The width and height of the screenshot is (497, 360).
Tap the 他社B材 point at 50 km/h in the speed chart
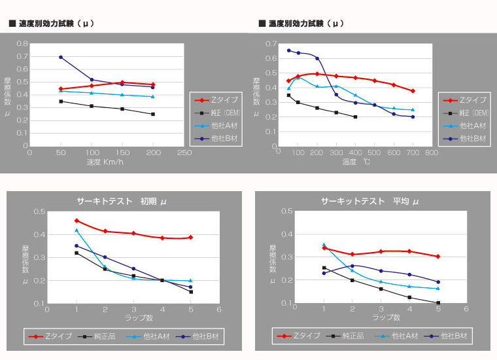pos(61,57)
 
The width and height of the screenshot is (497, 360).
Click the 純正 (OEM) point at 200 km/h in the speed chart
pos(153,114)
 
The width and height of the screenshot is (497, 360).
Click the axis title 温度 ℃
pos(356,162)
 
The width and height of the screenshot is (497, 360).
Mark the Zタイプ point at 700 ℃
pos(413,91)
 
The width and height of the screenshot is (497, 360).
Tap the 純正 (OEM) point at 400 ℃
pos(355,117)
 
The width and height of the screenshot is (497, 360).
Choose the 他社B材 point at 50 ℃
pos(288,50)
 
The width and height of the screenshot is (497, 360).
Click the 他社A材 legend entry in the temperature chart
pos(467,126)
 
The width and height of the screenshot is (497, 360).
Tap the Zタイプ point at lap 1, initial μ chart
pos(77,221)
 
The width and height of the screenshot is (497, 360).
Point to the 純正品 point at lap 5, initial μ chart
pos(191,292)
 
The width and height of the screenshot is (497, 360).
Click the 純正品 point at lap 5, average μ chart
pos(438,303)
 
